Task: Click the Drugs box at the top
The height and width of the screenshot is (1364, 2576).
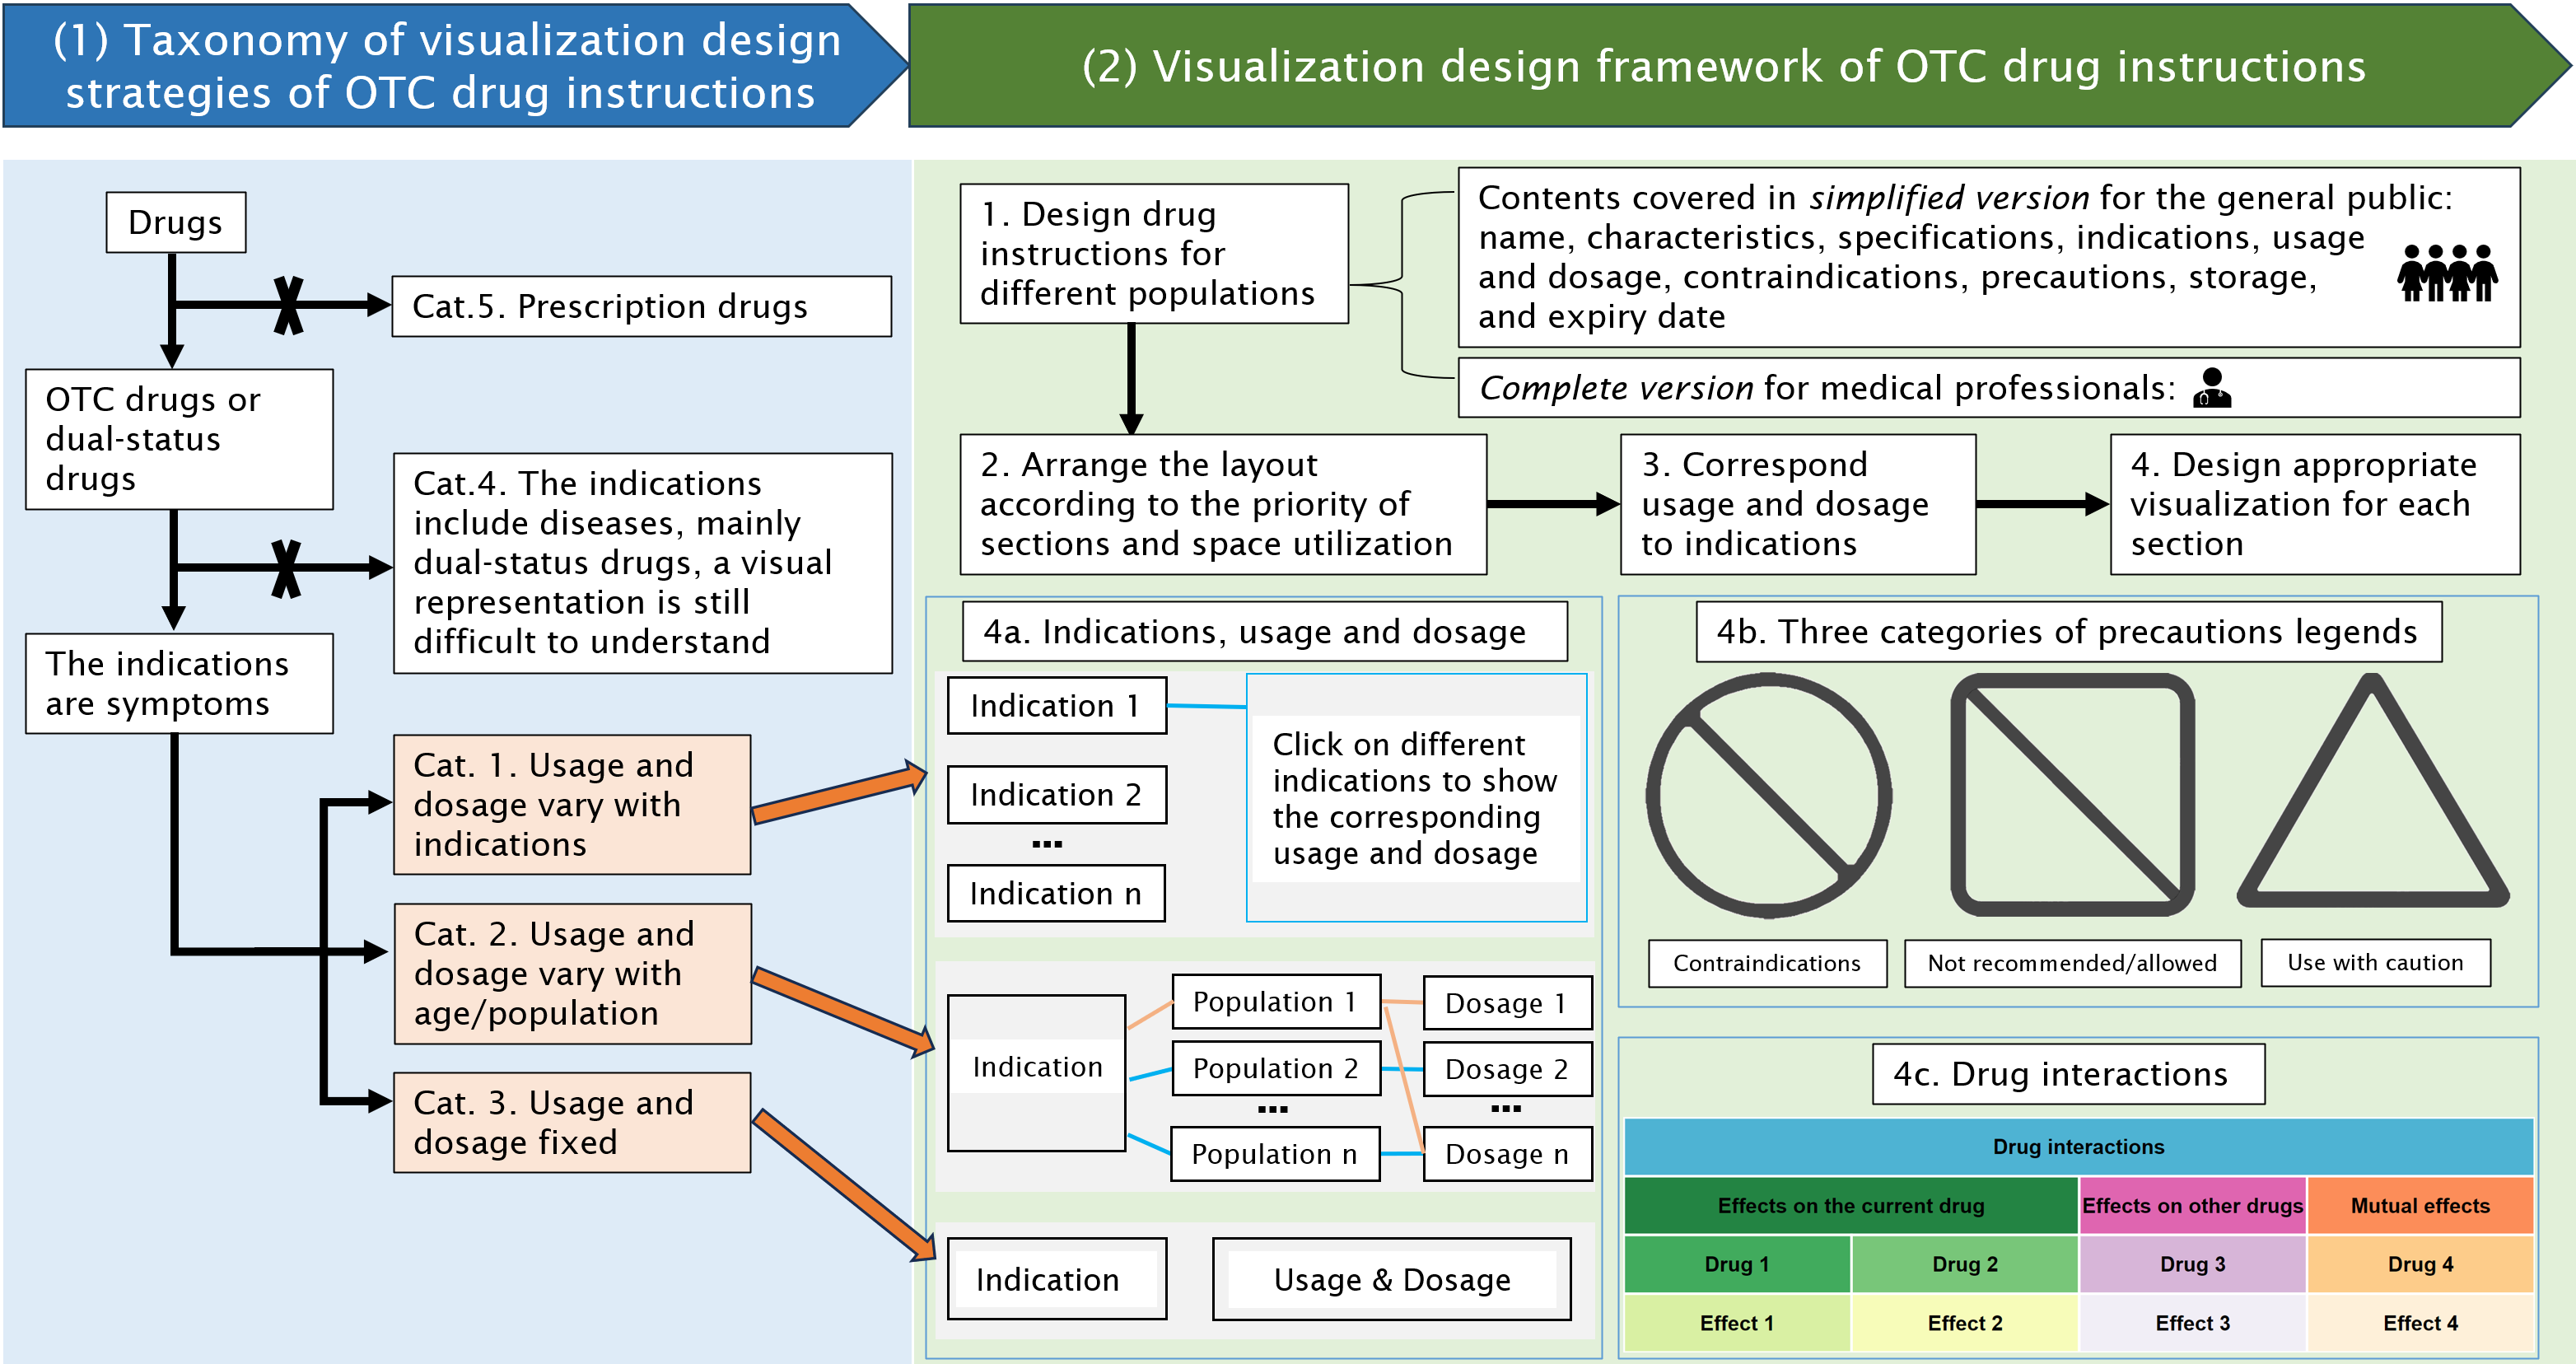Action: [176, 222]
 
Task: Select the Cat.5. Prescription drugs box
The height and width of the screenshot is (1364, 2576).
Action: [641, 306]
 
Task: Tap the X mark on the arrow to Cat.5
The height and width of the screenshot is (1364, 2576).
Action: [288, 305]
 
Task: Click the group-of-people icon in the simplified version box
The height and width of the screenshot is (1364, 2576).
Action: [2446, 273]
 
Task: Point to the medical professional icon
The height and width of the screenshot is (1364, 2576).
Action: [2211, 388]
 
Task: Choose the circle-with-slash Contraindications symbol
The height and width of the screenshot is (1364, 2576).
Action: [1768, 795]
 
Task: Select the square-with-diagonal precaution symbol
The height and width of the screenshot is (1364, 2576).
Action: [2072, 795]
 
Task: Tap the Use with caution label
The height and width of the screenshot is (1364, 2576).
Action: [2375, 962]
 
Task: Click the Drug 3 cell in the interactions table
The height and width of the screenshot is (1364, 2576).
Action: [2192, 1264]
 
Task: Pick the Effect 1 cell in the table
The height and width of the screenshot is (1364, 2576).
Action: [1736, 1323]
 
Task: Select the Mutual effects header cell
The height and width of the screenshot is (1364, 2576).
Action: [2420, 1205]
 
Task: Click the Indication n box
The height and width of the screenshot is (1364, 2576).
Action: [1056, 893]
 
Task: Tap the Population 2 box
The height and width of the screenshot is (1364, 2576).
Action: [1275, 1068]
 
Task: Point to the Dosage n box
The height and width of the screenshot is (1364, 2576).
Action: [1507, 1154]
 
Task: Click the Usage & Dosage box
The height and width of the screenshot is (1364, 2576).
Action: [1391, 1279]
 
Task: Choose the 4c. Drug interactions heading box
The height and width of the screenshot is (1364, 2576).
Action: [2068, 1074]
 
